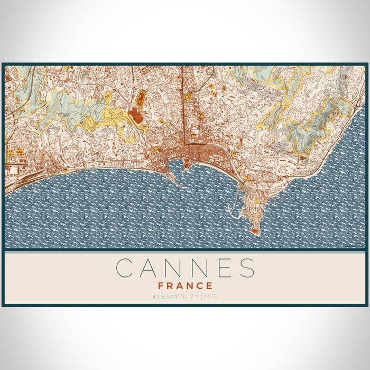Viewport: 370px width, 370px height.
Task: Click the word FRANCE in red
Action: pyautogui.click(x=185, y=286)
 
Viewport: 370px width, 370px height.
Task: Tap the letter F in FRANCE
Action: pyautogui.click(x=161, y=286)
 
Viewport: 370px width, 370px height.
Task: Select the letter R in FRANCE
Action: pyautogui.click(x=170, y=286)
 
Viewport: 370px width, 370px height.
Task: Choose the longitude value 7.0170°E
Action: pyautogui.click(x=203, y=297)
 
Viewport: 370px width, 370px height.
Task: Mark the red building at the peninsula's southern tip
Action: pyautogui.click(x=255, y=231)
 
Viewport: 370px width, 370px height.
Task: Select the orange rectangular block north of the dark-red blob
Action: pyautogui.click(x=141, y=97)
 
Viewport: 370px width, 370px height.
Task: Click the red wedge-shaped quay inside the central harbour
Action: pyautogui.click(x=186, y=165)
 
